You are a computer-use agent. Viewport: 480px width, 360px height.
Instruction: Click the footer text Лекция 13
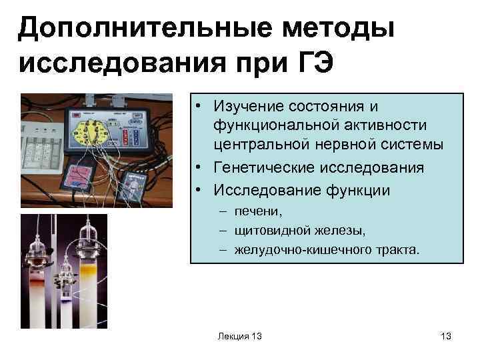(x=239, y=337)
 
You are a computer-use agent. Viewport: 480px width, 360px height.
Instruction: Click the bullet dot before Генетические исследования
(x=199, y=167)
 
